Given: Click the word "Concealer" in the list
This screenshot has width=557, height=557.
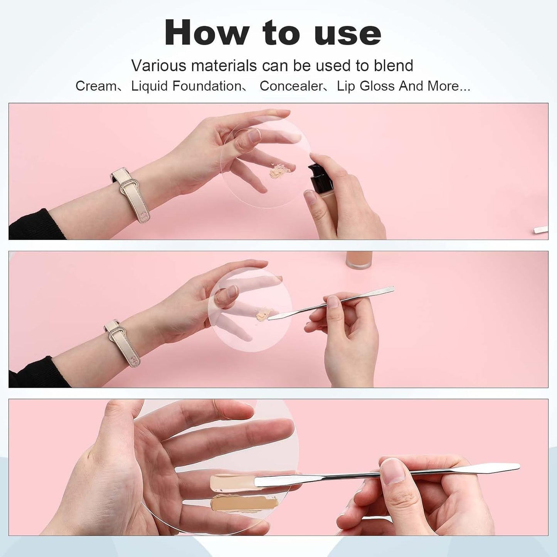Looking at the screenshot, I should click(x=291, y=86).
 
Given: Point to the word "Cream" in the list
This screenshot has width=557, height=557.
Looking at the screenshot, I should click(x=96, y=86).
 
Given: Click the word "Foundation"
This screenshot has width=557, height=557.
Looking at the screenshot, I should click(x=207, y=86).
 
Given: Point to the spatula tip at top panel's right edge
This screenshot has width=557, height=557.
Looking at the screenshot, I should click(x=540, y=230).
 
